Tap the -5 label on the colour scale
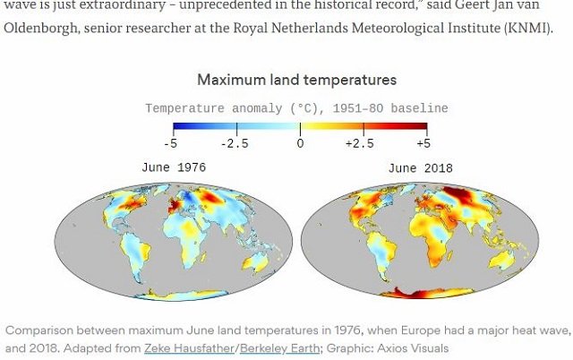[x=170, y=143]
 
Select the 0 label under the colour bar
[x=300, y=143]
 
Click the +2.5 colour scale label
[x=361, y=143]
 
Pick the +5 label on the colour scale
[x=423, y=143]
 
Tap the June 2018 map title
[x=420, y=168]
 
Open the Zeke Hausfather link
[x=192, y=348]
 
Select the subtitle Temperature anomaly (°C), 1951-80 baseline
[x=296, y=108]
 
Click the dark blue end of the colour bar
[x=179, y=127]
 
